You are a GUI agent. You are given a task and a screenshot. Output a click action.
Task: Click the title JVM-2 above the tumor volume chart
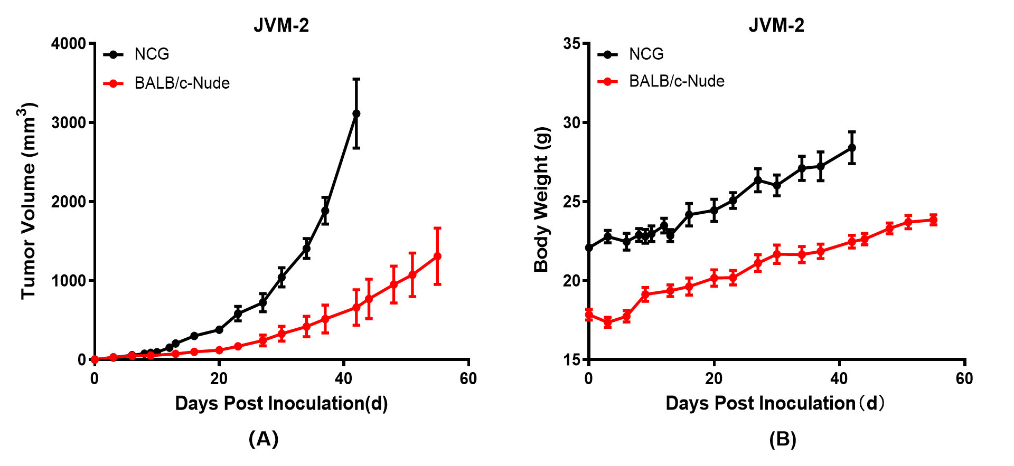click(281, 25)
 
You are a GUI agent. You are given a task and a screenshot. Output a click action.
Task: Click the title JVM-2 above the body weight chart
click(776, 25)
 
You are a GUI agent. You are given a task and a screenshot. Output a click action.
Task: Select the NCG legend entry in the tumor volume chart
click(152, 54)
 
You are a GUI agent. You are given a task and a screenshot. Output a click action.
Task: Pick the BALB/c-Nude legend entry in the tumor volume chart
click(182, 83)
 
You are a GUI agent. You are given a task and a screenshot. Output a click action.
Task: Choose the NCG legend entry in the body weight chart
click(646, 54)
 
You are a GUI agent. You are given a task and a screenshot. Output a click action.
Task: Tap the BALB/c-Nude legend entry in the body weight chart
click(677, 81)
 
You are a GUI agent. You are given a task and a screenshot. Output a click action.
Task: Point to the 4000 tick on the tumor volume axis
click(69, 43)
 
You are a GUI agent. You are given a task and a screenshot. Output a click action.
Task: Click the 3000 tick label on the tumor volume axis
click(69, 122)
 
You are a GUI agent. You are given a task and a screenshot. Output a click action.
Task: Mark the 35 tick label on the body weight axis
click(571, 43)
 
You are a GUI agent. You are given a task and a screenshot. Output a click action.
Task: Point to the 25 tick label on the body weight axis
click(571, 202)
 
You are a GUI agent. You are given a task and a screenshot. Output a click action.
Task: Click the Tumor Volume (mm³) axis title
click(29, 201)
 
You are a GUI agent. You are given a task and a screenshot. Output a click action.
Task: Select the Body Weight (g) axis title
click(542, 199)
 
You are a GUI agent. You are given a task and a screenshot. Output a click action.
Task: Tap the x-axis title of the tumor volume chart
click(281, 403)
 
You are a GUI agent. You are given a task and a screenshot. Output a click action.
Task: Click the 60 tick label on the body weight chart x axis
click(964, 378)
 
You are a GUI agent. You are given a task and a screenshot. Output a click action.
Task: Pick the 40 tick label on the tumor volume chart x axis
click(344, 378)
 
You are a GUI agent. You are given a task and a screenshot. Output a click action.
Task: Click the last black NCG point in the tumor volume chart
click(356, 113)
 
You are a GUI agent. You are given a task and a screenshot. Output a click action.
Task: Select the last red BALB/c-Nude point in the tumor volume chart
click(437, 256)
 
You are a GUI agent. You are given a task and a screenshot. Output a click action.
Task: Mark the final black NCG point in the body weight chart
click(852, 148)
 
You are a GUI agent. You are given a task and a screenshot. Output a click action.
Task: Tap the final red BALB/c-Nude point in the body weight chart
click(933, 220)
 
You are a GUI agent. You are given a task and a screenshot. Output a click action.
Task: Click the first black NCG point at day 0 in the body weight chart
click(589, 248)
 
